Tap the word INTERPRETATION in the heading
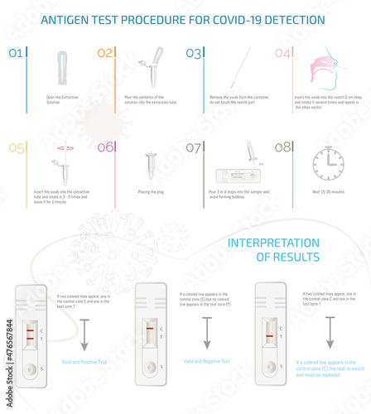(x=273, y=243)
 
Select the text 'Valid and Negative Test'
(x=206, y=361)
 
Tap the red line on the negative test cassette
(x=148, y=334)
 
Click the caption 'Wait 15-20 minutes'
(x=328, y=190)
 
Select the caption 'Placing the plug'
(x=150, y=190)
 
